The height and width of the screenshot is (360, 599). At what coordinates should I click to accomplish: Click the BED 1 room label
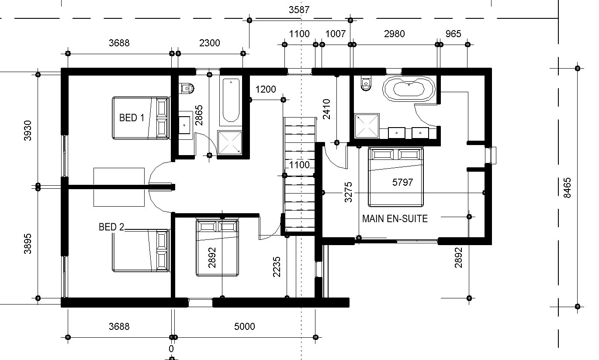coord(132,118)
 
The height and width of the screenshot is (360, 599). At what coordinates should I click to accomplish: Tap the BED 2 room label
coord(111,227)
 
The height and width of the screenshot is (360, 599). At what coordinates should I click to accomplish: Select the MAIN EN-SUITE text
coord(395,219)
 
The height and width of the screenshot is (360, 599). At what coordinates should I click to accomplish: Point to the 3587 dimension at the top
coord(299,10)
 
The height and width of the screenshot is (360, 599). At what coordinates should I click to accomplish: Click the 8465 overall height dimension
coord(567,188)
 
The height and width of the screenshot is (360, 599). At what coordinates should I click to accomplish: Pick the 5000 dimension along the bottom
coord(244,326)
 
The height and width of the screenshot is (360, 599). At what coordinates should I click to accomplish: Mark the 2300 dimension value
coord(210,43)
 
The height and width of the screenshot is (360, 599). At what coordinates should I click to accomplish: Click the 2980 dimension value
coord(395,34)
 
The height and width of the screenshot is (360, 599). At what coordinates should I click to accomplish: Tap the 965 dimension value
coord(453,34)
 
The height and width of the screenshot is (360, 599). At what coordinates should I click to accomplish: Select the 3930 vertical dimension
coord(28,131)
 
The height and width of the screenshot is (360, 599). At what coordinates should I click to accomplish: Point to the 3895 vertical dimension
coord(28,244)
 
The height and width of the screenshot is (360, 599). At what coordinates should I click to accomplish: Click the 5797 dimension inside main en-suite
coord(402,183)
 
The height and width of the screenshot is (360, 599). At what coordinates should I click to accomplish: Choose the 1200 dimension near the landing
coord(266,89)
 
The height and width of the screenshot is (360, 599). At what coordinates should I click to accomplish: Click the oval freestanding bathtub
coord(409,89)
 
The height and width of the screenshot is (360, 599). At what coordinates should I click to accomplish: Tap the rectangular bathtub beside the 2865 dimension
coord(231,101)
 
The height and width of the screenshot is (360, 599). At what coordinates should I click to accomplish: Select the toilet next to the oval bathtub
coord(366,83)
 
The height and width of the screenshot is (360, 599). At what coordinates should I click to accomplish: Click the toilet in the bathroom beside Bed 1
coord(187,88)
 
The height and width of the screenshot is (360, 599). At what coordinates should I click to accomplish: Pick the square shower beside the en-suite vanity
coord(367,126)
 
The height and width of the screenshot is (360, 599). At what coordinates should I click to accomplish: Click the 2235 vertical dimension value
coord(277,267)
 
